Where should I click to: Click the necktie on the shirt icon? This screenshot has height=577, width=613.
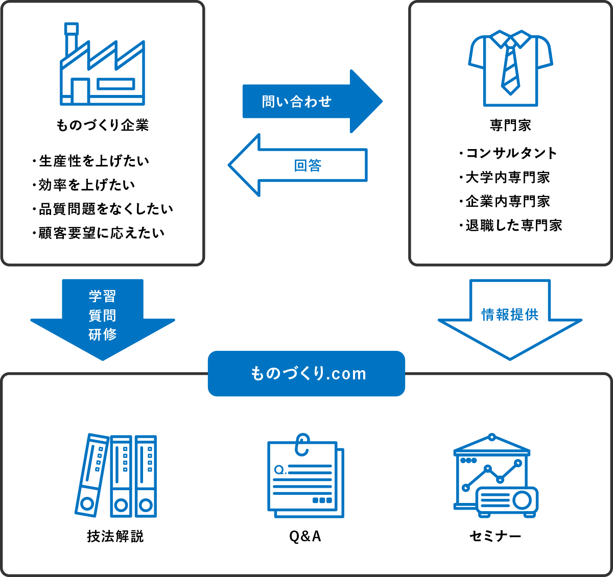pos(510,69)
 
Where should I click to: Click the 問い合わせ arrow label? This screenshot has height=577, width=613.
pos(296,102)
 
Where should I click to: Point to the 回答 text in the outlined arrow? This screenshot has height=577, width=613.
pos(308,165)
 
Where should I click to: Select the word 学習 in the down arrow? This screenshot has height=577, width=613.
pos(102,296)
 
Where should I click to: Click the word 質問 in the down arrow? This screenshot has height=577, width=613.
pos(102,316)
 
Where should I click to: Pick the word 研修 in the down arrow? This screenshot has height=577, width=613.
pos(102,334)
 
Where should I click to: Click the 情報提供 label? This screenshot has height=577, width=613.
pos(510,315)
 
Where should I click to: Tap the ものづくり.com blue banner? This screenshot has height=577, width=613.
pos(306,374)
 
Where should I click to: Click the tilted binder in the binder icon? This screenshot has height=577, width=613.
pos(92,475)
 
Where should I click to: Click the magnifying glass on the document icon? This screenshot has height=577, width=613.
pos(279,469)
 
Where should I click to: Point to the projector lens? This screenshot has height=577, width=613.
pos(522,500)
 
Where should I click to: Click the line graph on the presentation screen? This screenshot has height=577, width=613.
pos(491,474)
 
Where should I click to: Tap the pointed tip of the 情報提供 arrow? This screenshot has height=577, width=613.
pos(510,357)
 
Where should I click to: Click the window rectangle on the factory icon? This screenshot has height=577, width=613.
pos(116,84)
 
